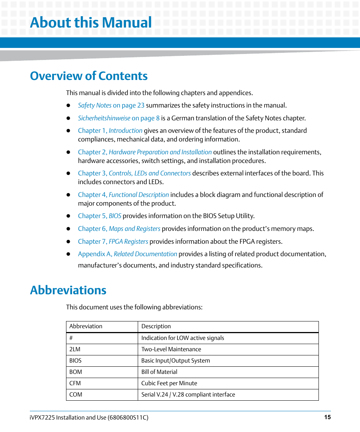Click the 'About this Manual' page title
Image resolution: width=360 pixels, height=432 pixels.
[91, 23]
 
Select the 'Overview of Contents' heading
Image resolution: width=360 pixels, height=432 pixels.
[89, 76]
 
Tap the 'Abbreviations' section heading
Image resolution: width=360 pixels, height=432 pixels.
[68, 290]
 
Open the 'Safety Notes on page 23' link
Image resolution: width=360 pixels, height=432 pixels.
[111, 105]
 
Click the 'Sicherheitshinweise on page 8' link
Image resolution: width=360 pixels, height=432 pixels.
[118, 118]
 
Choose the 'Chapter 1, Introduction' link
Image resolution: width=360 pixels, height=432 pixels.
[110, 131]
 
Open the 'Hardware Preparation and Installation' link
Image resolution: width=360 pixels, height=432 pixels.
[160, 152]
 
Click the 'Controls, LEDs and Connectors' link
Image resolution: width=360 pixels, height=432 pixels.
[149, 173]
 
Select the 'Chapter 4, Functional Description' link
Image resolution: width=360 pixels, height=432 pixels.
[123, 195]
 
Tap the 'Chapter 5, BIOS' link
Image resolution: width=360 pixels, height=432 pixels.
[100, 216]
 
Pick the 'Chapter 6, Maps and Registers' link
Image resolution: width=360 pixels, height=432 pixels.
[119, 229]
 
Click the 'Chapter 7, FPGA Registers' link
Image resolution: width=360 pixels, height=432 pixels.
[113, 241]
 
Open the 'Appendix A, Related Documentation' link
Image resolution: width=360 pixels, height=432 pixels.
[127, 254]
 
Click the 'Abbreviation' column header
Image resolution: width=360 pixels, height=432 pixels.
[86, 326]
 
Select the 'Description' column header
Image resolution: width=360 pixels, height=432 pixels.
[156, 326]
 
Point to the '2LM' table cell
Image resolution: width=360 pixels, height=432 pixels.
[75, 349]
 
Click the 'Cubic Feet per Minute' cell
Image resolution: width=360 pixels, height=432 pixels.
[169, 383]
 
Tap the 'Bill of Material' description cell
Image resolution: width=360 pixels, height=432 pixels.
[159, 372]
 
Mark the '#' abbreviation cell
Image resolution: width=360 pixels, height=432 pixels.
[71, 338]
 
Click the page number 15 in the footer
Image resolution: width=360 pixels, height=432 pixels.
[327, 417]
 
